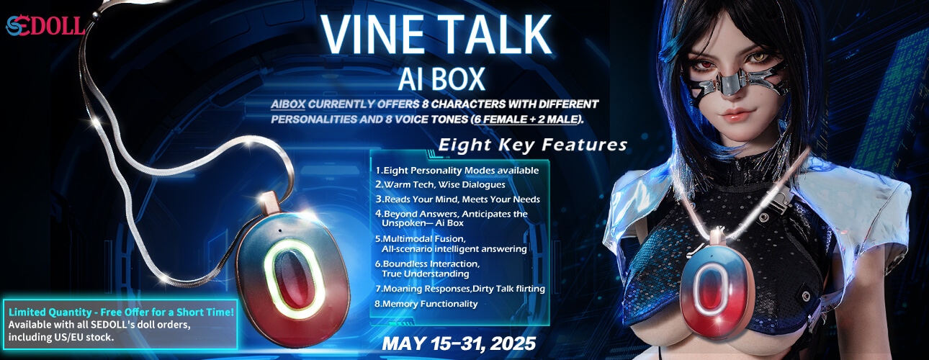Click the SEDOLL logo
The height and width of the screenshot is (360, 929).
(x=45, y=26)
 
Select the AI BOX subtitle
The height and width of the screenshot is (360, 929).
(x=441, y=78)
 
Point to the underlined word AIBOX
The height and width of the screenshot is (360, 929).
(x=288, y=104)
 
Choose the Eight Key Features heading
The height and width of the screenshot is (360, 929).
(x=532, y=145)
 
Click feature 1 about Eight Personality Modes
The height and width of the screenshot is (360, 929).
(x=457, y=171)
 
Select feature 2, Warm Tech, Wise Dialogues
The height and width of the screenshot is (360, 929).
(x=440, y=184)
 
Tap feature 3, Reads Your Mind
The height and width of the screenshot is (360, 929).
(x=458, y=199)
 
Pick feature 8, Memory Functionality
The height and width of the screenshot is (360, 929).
(x=426, y=304)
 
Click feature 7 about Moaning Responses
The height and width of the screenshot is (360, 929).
(x=460, y=289)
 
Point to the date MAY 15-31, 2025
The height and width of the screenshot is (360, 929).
(x=459, y=344)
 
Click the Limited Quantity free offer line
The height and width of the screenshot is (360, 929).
(x=121, y=312)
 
